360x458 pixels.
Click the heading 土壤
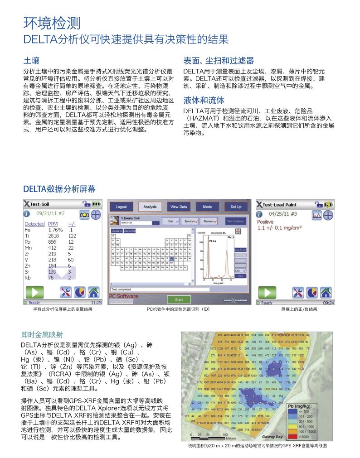click(31, 60)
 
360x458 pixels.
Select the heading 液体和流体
click(204, 100)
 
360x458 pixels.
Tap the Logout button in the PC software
click(121, 207)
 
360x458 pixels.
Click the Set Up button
click(236, 207)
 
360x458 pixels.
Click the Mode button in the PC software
click(207, 207)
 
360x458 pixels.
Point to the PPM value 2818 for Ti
click(54, 236)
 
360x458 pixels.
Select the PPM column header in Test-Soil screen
click(53, 224)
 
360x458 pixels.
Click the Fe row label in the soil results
click(27, 230)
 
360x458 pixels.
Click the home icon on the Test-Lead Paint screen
click(326, 292)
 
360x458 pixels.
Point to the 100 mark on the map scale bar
click(225, 434)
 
